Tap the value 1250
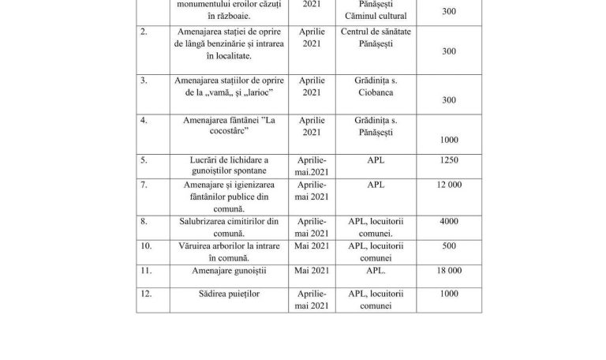[x=449, y=159]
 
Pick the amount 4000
[x=449, y=222]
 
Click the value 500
[x=449, y=246]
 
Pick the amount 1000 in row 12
[x=449, y=294]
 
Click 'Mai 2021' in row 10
[x=311, y=246]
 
